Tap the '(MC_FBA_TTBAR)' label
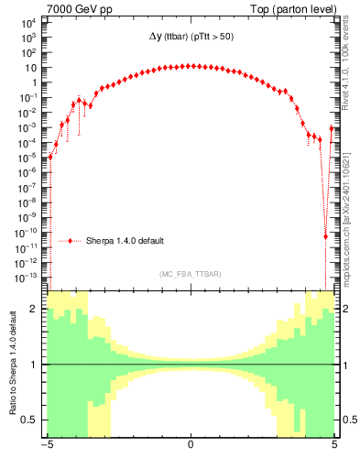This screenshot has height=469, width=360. point(190,273)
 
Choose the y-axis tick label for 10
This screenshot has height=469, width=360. point(31,68)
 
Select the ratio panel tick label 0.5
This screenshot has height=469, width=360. point(32,420)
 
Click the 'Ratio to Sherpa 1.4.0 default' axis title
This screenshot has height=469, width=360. point(12,364)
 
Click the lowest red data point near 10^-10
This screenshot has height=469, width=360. point(326,236)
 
